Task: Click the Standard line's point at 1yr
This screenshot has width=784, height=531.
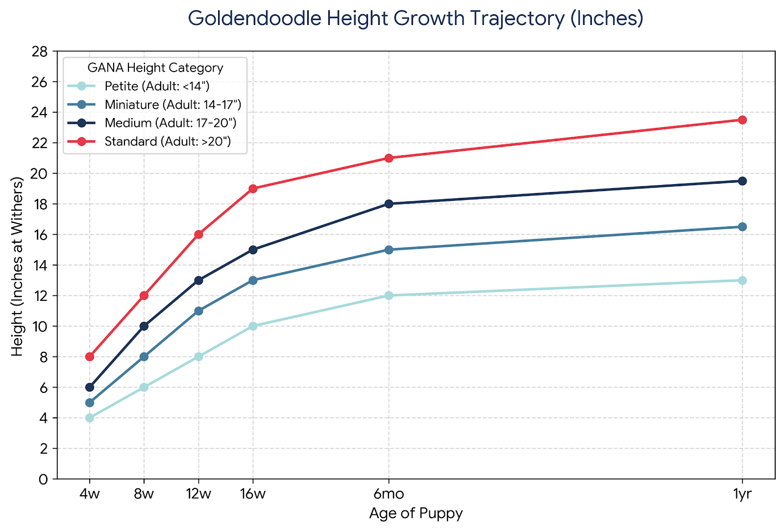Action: (x=742, y=120)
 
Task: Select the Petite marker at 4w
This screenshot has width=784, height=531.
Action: (x=90, y=418)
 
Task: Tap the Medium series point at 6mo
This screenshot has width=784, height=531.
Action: (x=389, y=204)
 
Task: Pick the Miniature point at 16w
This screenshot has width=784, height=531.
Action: (x=253, y=280)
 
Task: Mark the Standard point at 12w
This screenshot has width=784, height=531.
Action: (x=198, y=235)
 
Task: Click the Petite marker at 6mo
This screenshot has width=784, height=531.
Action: (x=389, y=295)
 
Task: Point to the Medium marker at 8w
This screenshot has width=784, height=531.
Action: (x=144, y=326)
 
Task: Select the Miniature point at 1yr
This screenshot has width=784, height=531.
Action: (x=742, y=227)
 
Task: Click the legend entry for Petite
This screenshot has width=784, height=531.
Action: (x=157, y=86)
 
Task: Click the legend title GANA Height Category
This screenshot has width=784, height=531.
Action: (x=155, y=68)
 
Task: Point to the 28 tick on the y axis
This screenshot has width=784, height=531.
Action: (x=42, y=51)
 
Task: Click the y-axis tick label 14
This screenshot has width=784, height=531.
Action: (x=42, y=265)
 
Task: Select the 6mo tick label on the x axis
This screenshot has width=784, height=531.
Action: (x=389, y=494)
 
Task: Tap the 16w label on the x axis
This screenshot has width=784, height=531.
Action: (x=253, y=494)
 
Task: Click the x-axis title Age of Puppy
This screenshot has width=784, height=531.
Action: (x=416, y=513)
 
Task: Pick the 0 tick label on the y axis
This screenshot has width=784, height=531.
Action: (x=44, y=480)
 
